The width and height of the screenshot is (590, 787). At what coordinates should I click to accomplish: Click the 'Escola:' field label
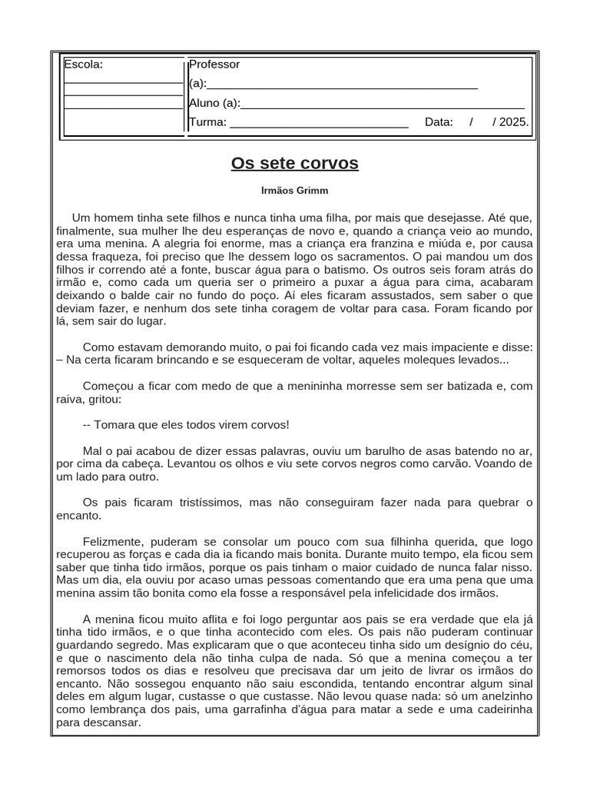83,65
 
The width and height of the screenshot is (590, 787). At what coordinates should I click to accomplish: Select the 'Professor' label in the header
214,65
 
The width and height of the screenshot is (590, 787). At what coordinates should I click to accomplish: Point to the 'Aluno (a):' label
214,104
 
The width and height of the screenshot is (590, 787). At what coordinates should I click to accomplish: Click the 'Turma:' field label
207,122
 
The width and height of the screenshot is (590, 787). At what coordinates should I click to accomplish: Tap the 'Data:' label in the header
439,122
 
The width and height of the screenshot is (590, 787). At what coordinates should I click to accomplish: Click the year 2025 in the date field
513,122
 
